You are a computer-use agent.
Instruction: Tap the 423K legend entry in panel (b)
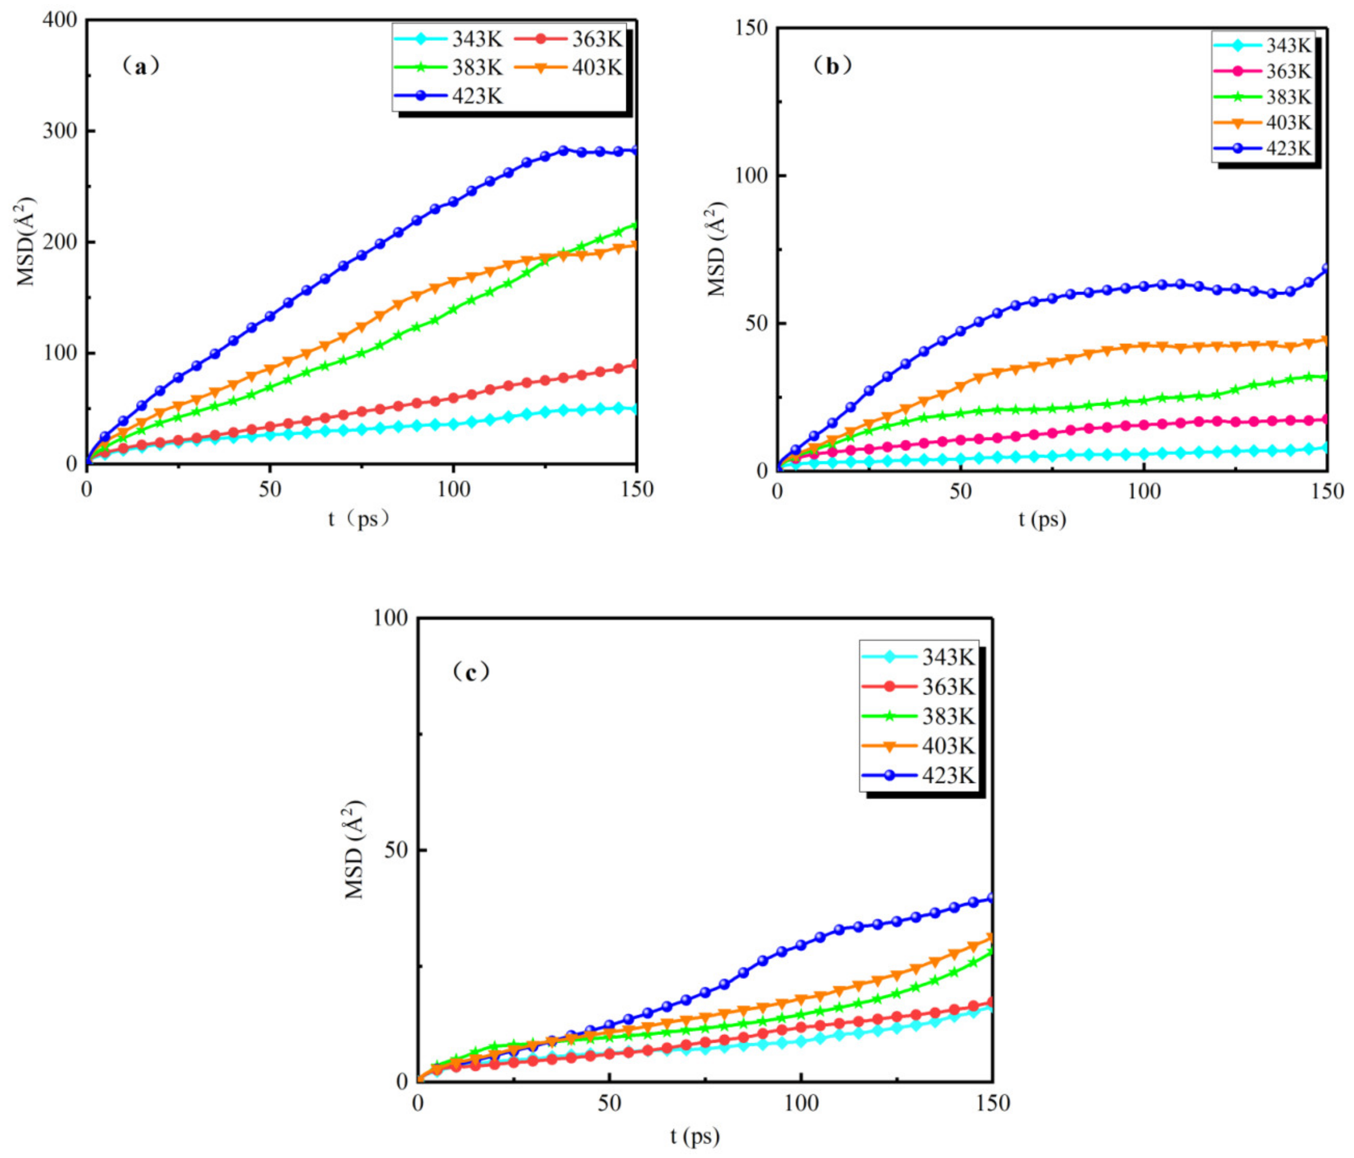point(1263,149)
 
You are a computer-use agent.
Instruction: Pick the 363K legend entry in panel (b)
point(1263,71)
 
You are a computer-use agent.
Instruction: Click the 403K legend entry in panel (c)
point(918,746)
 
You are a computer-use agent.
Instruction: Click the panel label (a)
point(140,65)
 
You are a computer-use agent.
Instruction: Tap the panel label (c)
point(470,671)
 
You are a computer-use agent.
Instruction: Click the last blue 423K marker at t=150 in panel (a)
point(634,151)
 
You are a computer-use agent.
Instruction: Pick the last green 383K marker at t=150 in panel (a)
point(634,225)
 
